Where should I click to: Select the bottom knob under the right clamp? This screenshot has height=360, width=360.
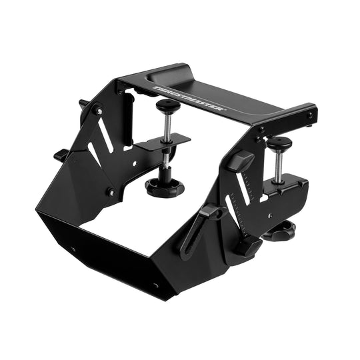click(280, 232)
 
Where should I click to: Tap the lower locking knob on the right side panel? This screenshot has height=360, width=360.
click(248, 247)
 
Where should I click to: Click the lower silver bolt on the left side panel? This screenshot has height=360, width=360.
click(111, 192)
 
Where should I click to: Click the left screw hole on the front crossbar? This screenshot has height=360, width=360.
click(72, 250)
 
